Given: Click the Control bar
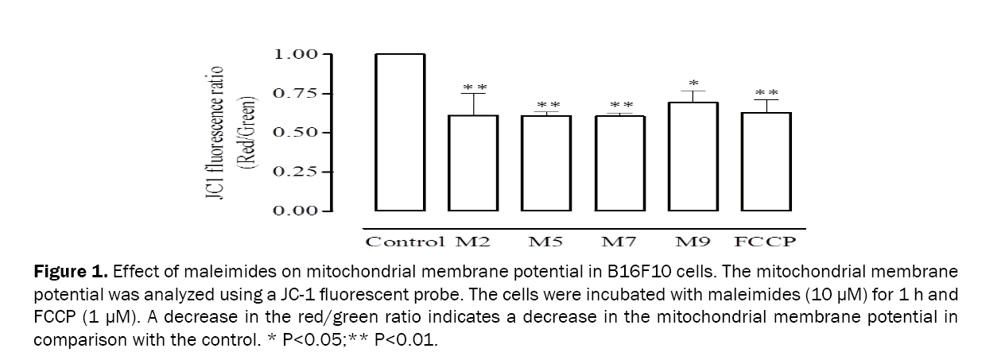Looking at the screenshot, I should pyautogui.click(x=400, y=133).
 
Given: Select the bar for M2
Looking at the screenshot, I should pyautogui.click(x=475, y=163).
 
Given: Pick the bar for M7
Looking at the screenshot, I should pyautogui.click(x=620, y=163).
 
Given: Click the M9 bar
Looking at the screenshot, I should pyautogui.click(x=693, y=157).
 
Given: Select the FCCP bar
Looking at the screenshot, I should pyautogui.click(x=766, y=161).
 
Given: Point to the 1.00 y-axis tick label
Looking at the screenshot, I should pyautogui.click(x=296, y=54).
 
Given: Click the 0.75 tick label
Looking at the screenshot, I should pyautogui.click(x=296, y=94).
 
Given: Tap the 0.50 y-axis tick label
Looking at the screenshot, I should pyautogui.click(x=296, y=132).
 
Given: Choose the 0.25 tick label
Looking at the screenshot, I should pyautogui.click(x=296, y=172).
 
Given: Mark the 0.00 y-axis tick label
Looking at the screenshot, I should pyautogui.click(x=296, y=211).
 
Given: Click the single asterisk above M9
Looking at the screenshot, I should pyautogui.click(x=693, y=83).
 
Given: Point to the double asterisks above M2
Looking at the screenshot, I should pyautogui.click(x=475, y=87).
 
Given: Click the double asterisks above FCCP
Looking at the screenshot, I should pyautogui.click(x=766, y=93).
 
